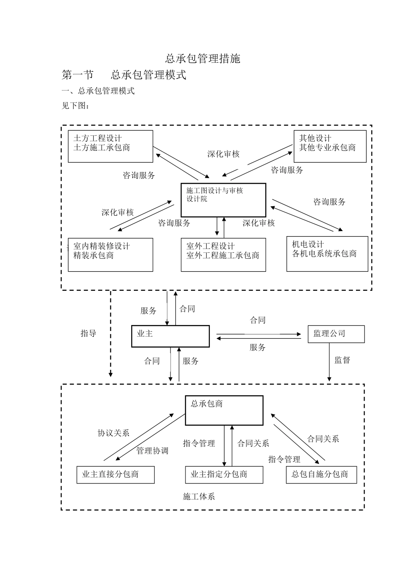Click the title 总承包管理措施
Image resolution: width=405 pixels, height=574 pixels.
pyautogui.click(x=202, y=59)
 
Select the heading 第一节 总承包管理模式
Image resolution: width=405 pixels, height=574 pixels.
pyautogui.click(x=124, y=75)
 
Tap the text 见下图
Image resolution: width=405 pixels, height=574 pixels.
pyautogui.click(x=75, y=105)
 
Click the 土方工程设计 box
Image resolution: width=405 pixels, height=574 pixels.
pyautogui.click(x=110, y=146)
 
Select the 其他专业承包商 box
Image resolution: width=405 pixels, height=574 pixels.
pyautogui.click(x=330, y=146)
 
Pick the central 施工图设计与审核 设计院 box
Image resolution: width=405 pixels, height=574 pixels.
pyautogui.click(x=223, y=200)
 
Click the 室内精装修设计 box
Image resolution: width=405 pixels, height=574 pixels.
pyautogui.click(x=110, y=255)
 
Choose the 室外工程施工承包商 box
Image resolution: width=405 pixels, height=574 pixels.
pyautogui.click(x=223, y=255)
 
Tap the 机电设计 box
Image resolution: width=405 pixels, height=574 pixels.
pyautogui.click(x=327, y=254)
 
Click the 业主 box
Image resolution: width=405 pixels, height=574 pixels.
pyautogui.click(x=171, y=336)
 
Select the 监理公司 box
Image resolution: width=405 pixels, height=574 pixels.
pyautogui.click(x=336, y=334)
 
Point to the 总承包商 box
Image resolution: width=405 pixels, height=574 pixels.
pyautogui.click(x=224, y=410)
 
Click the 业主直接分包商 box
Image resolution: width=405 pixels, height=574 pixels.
pyautogui.click(x=115, y=474)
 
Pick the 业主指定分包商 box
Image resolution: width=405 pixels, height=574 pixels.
pyautogui.click(x=224, y=474)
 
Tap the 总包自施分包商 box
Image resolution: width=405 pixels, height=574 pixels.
pyautogui.click(x=321, y=474)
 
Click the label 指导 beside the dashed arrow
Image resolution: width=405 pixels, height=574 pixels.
pyautogui.click(x=88, y=334)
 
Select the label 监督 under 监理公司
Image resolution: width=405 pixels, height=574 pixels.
pyautogui.click(x=342, y=360)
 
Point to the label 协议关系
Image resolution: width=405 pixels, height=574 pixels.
pyautogui.click(x=113, y=433)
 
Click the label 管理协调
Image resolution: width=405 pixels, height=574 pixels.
pyautogui.click(x=152, y=451)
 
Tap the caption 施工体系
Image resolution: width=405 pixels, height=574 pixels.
pyautogui.click(x=199, y=496)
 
